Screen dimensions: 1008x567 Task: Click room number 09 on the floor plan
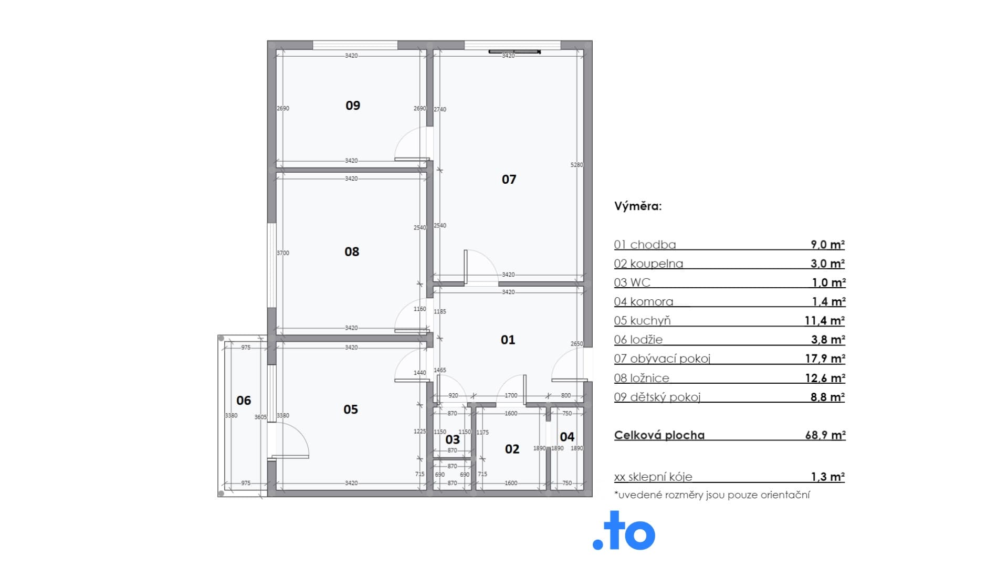tap(353, 106)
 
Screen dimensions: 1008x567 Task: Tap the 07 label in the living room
tap(509, 180)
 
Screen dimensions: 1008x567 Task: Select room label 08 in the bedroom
tap(352, 252)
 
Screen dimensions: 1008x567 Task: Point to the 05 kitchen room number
tap(351, 409)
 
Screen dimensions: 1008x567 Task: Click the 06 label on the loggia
tap(244, 401)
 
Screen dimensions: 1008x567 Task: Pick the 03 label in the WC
tap(453, 439)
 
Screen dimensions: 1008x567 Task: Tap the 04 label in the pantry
tap(567, 437)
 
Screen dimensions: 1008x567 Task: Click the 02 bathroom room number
tap(512, 449)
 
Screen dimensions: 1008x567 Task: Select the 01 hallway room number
tap(508, 340)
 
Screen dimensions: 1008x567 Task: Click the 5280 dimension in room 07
tap(576, 165)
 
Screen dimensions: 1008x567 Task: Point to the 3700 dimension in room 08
tap(283, 253)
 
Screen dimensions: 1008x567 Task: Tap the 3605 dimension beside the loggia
tap(260, 417)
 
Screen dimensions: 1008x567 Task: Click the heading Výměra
tap(638, 206)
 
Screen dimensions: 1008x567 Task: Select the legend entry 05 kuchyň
tap(642, 321)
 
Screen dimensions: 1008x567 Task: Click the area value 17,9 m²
tap(825, 359)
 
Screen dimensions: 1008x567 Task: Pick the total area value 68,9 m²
tap(825, 435)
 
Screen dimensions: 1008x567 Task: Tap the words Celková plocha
tap(659, 435)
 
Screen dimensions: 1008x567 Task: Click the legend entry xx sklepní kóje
tap(653, 477)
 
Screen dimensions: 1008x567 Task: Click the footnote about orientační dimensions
tap(712, 495)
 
